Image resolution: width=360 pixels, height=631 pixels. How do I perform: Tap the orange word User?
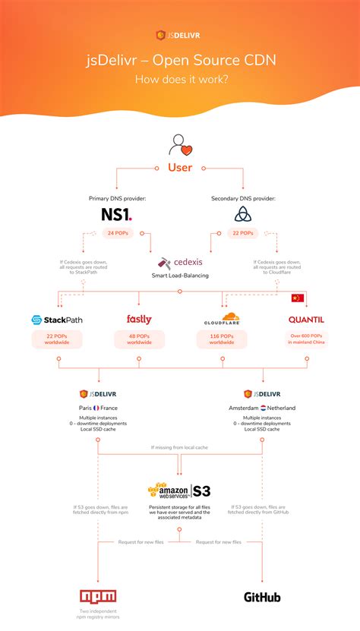(180, 168)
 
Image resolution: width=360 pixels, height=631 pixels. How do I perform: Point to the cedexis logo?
(180, 263)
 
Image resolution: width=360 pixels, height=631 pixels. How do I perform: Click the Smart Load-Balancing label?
(180, 276)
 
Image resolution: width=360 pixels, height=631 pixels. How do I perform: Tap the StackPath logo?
(57, 320)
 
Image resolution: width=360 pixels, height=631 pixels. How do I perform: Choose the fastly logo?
(139, 320)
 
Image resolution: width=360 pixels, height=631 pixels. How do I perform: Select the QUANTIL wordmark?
(306, 320)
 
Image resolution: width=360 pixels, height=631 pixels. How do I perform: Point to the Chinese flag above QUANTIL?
(297, 298)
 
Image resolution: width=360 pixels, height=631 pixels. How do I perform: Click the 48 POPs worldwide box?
(139, 339)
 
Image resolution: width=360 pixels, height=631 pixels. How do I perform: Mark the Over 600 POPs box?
(306, 339)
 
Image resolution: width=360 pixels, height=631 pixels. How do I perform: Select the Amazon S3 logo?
(180, 490)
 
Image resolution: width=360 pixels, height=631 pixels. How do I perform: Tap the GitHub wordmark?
(262, 597)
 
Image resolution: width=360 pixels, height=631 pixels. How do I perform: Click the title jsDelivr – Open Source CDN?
(180, 61)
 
